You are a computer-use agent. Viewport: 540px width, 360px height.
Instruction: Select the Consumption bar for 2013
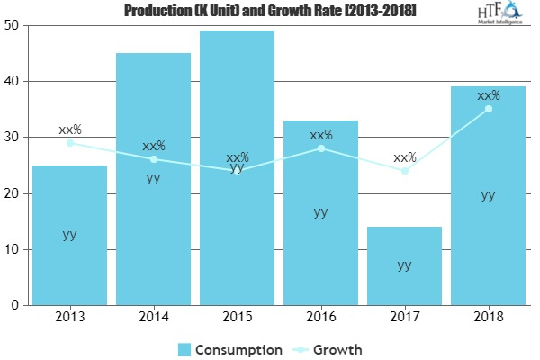69,236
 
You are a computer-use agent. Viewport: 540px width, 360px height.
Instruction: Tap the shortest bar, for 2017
404,266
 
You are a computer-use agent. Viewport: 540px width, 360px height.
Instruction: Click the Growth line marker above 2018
488,109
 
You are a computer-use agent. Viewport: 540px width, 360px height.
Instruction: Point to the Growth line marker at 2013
69,143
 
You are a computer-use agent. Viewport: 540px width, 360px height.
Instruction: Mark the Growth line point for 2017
404,171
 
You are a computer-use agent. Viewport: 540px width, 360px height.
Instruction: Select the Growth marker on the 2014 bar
153,159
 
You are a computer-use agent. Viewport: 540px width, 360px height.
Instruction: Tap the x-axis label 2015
237,318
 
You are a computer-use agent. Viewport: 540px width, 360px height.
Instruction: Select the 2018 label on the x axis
488,318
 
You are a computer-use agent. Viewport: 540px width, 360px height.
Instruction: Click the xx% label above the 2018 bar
488,95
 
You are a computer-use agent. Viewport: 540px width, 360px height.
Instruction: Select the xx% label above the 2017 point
404,158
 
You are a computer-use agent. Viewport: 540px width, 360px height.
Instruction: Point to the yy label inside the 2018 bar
488,194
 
